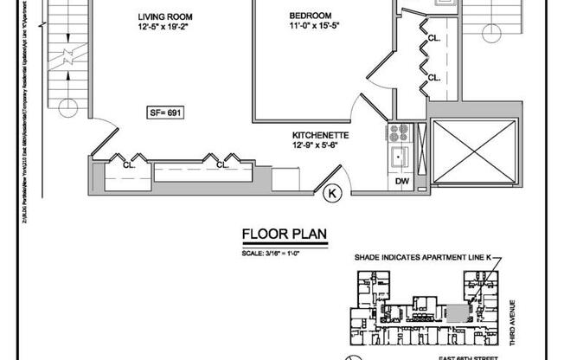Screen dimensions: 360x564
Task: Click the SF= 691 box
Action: [164, 112]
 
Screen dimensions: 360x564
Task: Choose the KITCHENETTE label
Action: [320, 136]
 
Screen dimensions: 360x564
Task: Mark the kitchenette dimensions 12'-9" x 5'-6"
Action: [320, 146]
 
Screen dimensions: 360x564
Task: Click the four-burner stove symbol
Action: [401, 133]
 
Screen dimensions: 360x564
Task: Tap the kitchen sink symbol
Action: [401, 157]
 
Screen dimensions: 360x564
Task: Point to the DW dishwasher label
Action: [401, 181]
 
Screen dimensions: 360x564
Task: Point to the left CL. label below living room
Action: [126, 164]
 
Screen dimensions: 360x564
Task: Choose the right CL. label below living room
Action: [221, 164]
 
